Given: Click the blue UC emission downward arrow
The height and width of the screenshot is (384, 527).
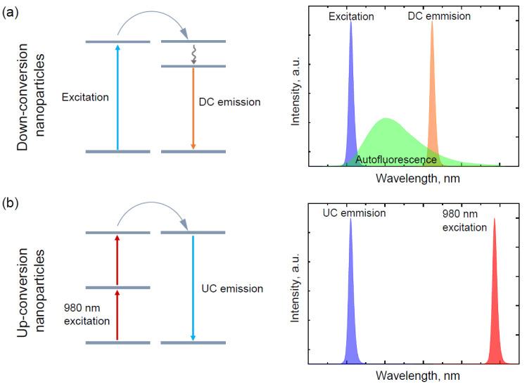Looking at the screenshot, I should [193, 288].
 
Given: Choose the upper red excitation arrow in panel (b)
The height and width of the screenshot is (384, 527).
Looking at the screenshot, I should [117, 260].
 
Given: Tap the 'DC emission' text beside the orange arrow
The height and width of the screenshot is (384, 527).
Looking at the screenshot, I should [229, 103].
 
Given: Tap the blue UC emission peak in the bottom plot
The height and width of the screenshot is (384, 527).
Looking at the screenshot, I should [350, 295].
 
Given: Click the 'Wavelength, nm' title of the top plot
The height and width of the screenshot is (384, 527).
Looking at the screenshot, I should [417, 179].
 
